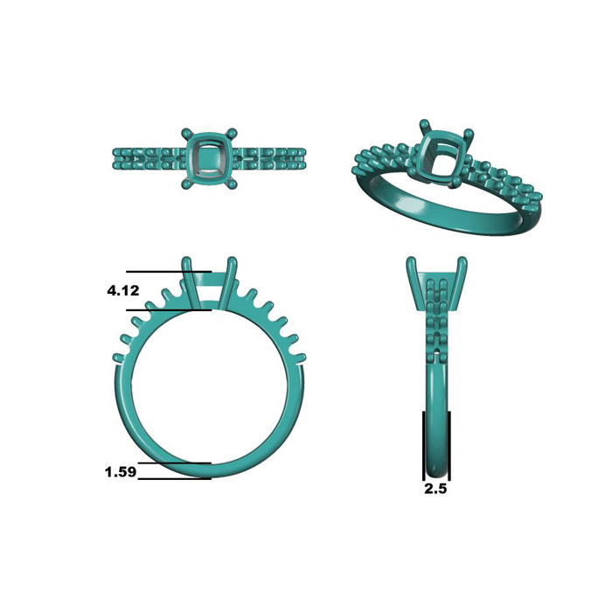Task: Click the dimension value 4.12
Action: [123, 290]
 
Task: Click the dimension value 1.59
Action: [121, 472]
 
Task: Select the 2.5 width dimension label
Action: [435, 489]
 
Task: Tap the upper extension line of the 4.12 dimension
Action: [169, 271]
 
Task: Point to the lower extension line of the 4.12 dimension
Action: [169, 310]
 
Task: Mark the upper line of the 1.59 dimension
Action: [175, 463]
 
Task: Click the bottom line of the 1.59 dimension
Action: [175, 478]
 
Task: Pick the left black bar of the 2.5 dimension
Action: [423, 445]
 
